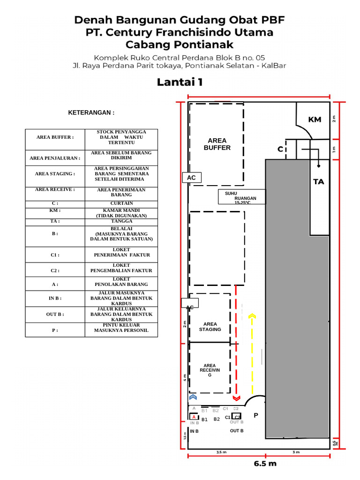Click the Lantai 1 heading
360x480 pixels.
(180, 82)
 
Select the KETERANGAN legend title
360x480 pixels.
(91, 113)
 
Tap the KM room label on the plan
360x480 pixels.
(315, 120)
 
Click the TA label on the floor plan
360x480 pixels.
(319, 181)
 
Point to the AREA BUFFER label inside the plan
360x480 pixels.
(217, 144)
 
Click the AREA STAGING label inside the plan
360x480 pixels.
(210, 327)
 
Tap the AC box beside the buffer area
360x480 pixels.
(191, 178)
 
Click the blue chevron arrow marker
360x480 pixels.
(192, 397)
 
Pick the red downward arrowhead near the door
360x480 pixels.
(236, 398)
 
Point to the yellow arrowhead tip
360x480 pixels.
(252, 316)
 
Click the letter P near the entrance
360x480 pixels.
(256, 415)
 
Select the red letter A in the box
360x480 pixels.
(194, 417)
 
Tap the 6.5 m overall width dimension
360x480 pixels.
(265, 464)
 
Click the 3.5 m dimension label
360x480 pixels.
(221, 452)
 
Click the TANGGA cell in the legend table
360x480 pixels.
(121, 221)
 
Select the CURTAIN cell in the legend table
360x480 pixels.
(121, 203)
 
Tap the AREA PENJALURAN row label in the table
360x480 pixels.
(55, 158)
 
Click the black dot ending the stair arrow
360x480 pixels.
(319, 166)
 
